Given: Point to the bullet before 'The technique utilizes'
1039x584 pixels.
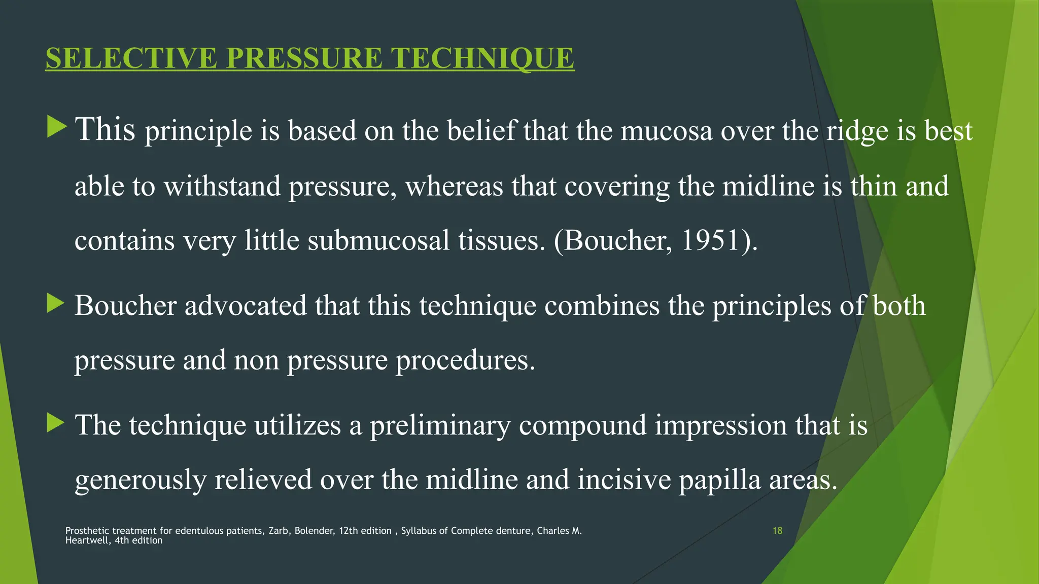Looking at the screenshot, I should pyautogui.click(x=56, y=423).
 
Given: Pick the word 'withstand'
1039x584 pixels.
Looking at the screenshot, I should pyautogui.click(x=222, y=186).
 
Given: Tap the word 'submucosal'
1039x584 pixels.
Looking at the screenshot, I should pyautogui.click(x=378, y=240).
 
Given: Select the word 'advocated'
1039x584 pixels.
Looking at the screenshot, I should pyautogui.click(x=246, y=306).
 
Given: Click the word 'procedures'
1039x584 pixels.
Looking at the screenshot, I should pyautogui.click(x=465, y=360).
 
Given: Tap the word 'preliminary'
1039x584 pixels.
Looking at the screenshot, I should pyautogui.click(x=440, y=425).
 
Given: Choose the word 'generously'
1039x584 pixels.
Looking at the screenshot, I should pyautogui.click(x=140, y=480).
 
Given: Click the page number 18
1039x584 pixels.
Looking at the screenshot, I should pyautogui.click(x=777, y=531).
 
